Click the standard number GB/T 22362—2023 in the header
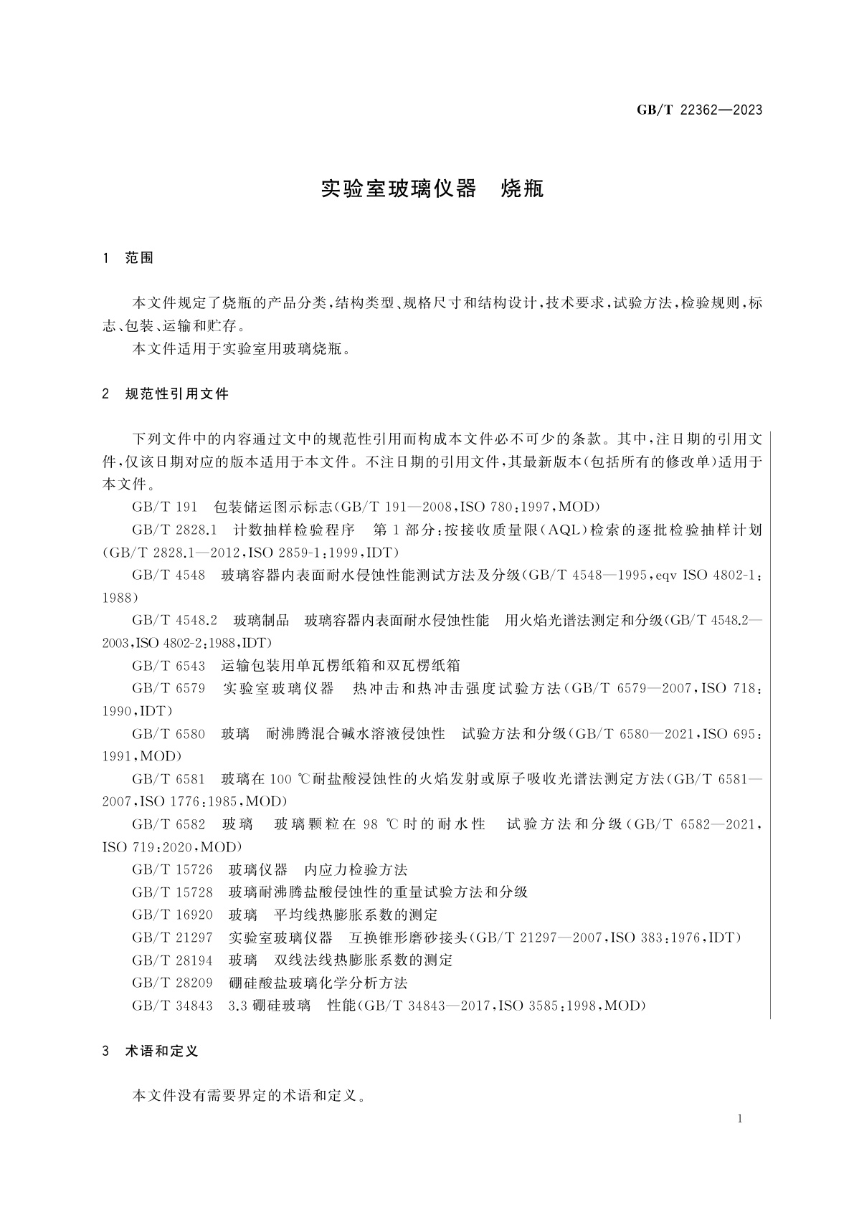(699, 110)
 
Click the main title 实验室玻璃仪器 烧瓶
(432, 189)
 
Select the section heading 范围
(139, 258)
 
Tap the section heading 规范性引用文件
(176, 393)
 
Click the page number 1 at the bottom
(740, 1120)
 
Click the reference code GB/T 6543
(169, 666)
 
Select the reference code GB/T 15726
(172, 870)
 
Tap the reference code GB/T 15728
(172, 892)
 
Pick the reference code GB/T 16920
(172, 915)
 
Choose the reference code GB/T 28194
(172, 960)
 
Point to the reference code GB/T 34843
(172, 1006)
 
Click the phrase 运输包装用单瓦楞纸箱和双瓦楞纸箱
(341, 666)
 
